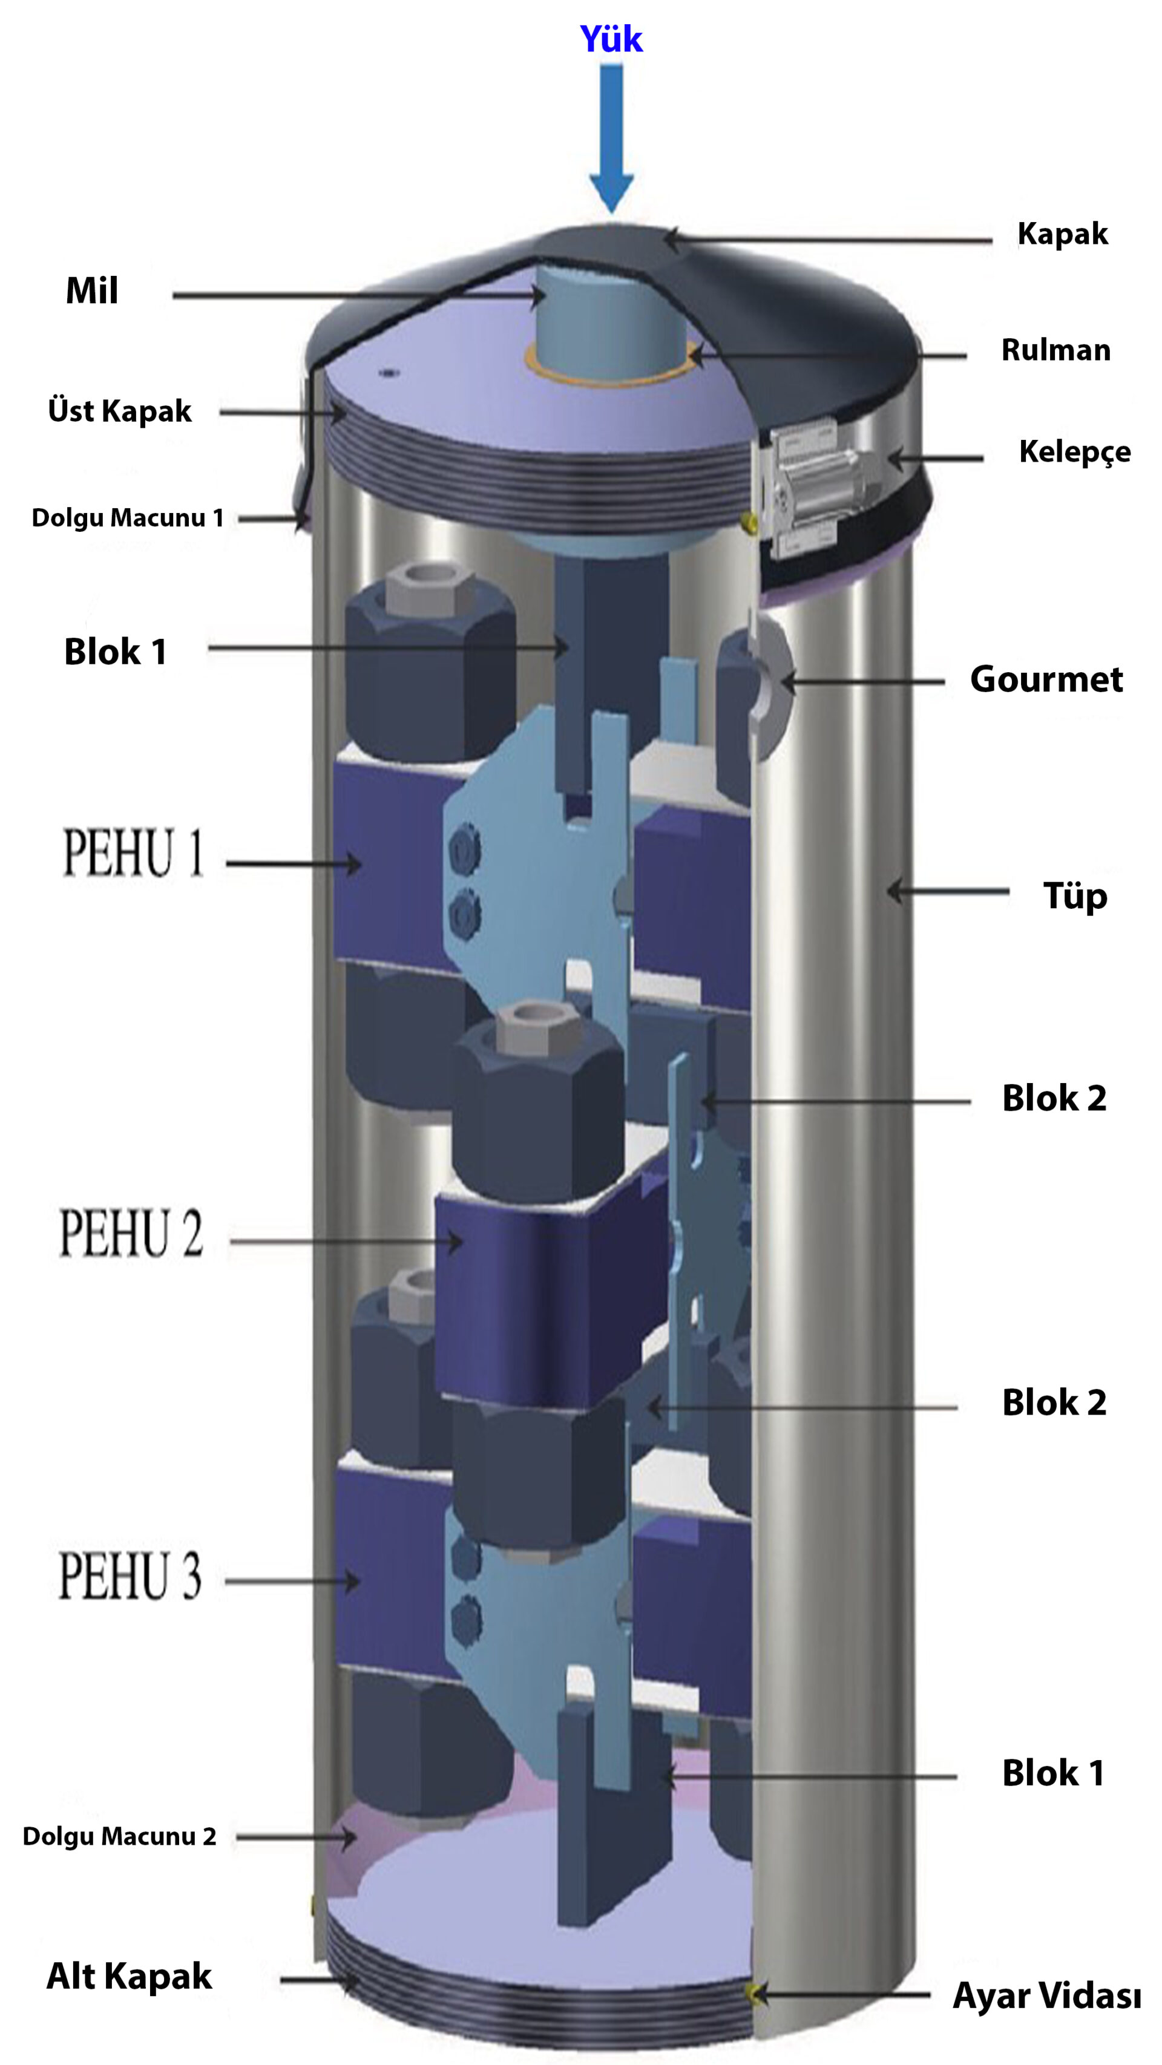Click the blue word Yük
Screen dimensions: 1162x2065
tap(611, 39)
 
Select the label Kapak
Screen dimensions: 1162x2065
tap(1063, 234)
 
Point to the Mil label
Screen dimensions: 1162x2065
tap(92, 290)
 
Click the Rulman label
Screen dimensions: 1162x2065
tap(1056, 350)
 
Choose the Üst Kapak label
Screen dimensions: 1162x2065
tap(119, 410)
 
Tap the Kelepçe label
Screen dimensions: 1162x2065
tap(1075, 452)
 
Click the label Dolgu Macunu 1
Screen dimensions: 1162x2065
tap(128, 518)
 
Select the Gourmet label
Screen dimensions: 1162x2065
tap(1046, 679)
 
